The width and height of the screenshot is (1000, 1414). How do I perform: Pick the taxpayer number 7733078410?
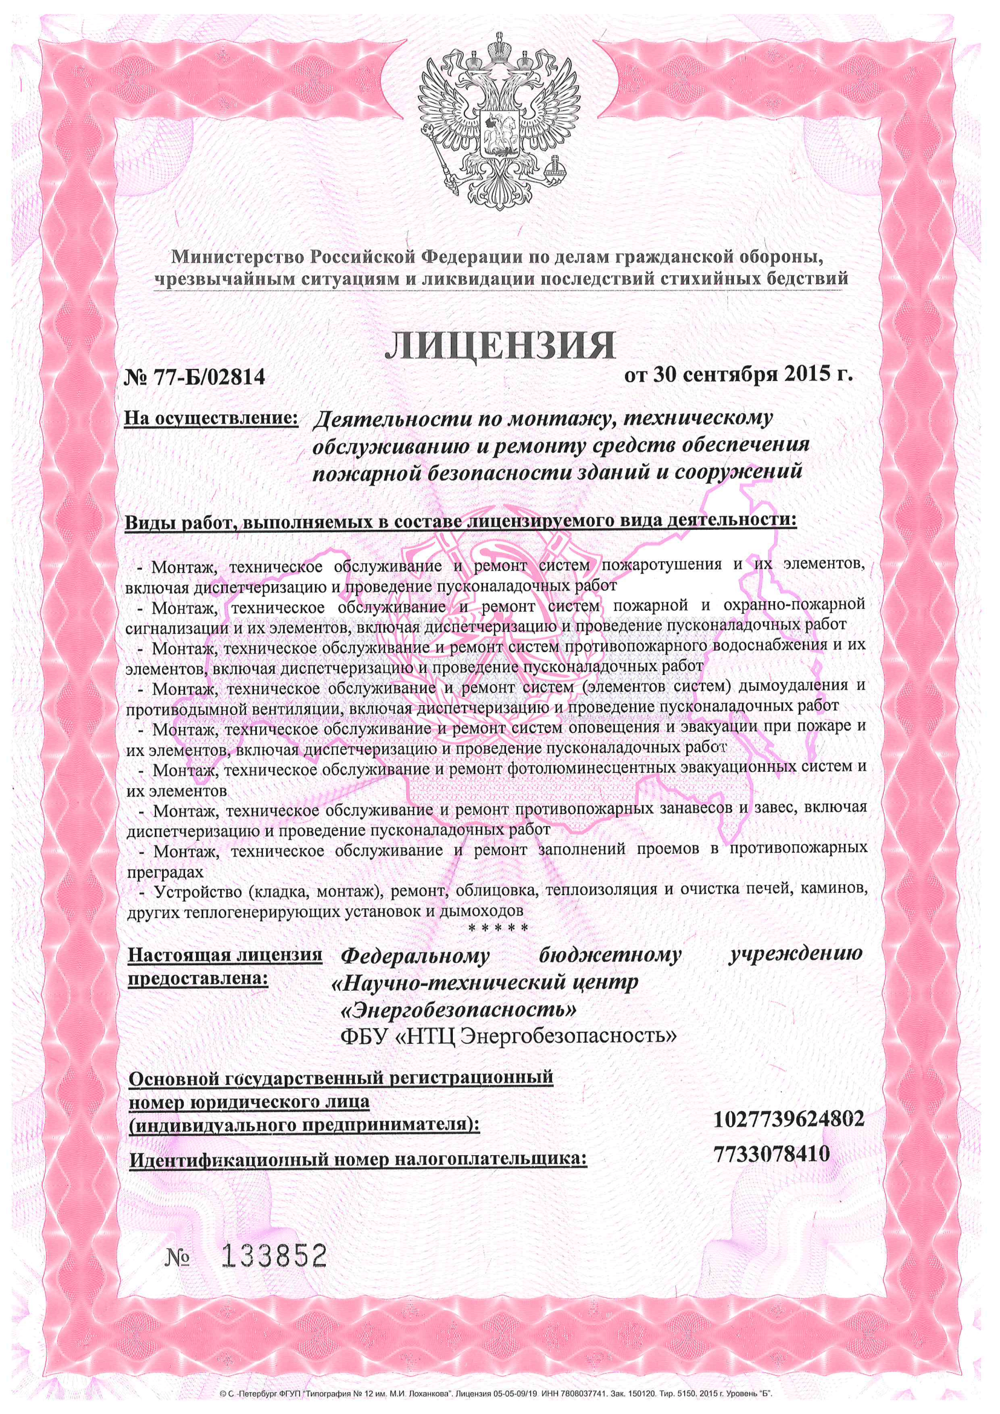tap(772, 1153)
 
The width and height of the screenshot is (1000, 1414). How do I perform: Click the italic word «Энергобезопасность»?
tap(459, 1010)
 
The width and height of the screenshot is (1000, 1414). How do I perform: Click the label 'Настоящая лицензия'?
tap(225, 955)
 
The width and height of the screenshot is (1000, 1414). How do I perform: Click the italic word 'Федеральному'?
tap(415, 956)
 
